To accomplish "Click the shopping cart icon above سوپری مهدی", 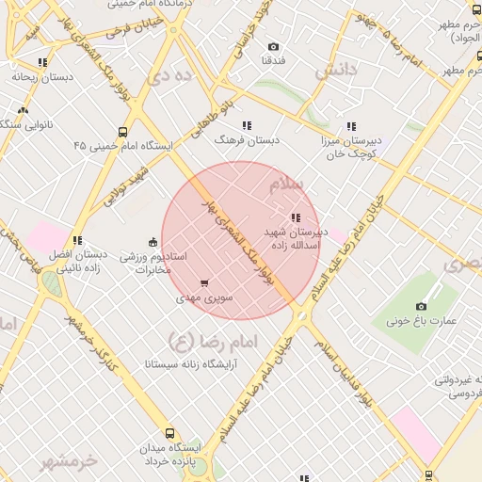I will point(204,283).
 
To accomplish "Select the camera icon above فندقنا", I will point(273,47).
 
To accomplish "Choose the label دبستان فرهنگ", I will point(248,139).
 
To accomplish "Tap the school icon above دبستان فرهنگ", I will point(247,125).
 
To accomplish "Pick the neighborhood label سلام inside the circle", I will point(287,185).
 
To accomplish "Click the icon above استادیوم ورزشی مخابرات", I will point(154,241).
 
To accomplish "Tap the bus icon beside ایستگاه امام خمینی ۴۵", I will point(122,133).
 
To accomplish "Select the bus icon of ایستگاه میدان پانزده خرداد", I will point(169,434).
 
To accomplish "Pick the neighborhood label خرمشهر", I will point(70,461).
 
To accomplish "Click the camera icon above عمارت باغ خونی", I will point(421,306).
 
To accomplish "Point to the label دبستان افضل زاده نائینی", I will point(77,262).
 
